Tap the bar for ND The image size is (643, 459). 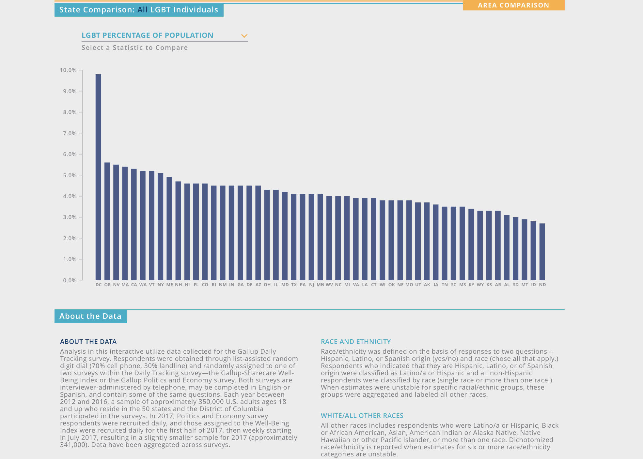coord(542,252)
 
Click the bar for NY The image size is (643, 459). coord(161,227)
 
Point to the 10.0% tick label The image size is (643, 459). coord(68,70)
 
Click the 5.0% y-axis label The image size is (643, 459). coord(70,175)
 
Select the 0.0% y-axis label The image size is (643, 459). coord(70,280)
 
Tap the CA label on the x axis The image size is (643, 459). coord(134,285)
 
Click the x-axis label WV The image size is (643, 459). coord(329,285)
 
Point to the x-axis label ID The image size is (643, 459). coord(533,285)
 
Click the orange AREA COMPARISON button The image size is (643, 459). coord(513,5)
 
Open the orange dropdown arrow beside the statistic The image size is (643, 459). coord(244,36)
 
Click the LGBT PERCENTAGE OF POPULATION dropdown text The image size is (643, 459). coord(147,35)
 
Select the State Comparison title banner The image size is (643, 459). coord(139,10)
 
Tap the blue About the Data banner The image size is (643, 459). coord(90,316)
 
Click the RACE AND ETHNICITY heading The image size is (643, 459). coord(356,342)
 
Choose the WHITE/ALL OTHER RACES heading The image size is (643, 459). coord(362,416)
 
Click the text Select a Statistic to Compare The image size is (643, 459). coord(134,48)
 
